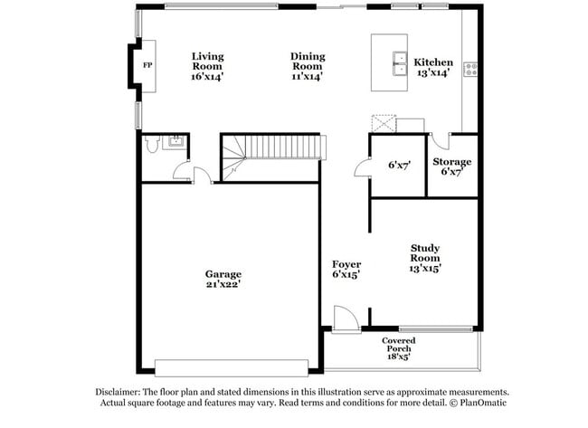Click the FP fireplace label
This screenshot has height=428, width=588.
[x=147, y=65]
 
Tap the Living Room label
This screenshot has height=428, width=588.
[x=207, y=67]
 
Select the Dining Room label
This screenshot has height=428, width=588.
[x=308, y=67]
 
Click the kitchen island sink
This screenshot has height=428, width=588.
[x=398, y=63]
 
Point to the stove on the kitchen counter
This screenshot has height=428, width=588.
[x=470, y=67]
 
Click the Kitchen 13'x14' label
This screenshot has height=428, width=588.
[x=433, y=67]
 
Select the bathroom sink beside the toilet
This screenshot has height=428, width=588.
[x=175, y=140]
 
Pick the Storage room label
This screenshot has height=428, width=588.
[x=456, y=166]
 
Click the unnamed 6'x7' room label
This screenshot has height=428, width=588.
[x=400, y=166]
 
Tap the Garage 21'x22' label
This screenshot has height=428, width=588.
[x=223, y=279]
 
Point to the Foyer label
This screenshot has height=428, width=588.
[x=346, y=269]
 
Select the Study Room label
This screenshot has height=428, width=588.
[x=425, y=257]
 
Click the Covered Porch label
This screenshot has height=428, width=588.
[x=398, y=348]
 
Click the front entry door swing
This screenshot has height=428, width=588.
[x=345, y=317]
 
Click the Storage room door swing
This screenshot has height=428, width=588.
[x=439, y=141]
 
